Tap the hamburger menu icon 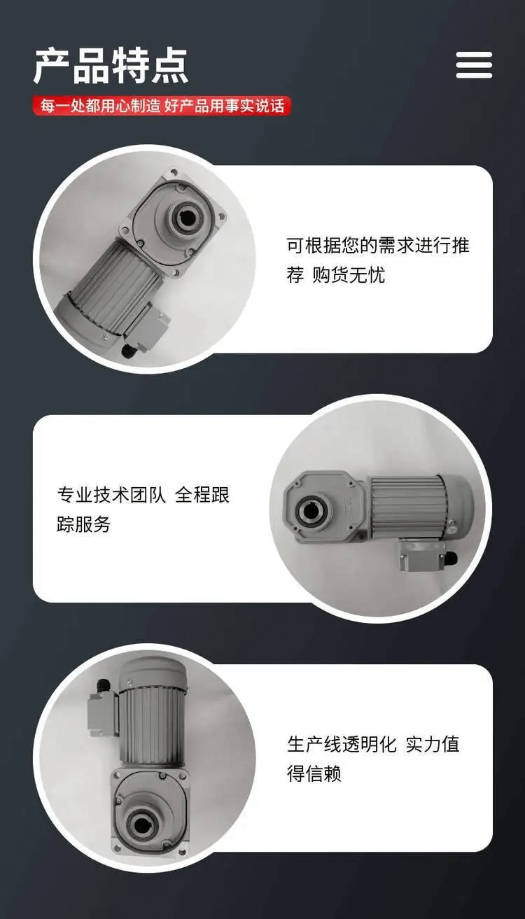pyautogui.click(x=474, y=65)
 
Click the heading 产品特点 pyautogui.click(x=111, y=66)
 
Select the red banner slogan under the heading pyautogui.click(x=162, y=106)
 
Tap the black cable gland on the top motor pyautogui.click(x=127, y=351)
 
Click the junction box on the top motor pyautogui.click(x=147, y=328)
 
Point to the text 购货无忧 pyautogui.click(x=349, y=275)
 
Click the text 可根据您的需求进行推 pyautogui.click(x=378, y=246)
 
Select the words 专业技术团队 pyautogui.click(x=111, y=495)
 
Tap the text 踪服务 pyautogui.click(x=84, y=524)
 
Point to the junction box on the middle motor pyautogui.click(x=423, y=556)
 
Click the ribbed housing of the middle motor pyautogui.click(x=404, y=507)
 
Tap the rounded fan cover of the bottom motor pyautogui.click(x=153, y=673)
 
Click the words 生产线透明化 pyautogui.click(x=342, y=744)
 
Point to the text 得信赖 pyautogui.click(x=314, y=773)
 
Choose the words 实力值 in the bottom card pyautogui.click(x=433, y=744)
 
